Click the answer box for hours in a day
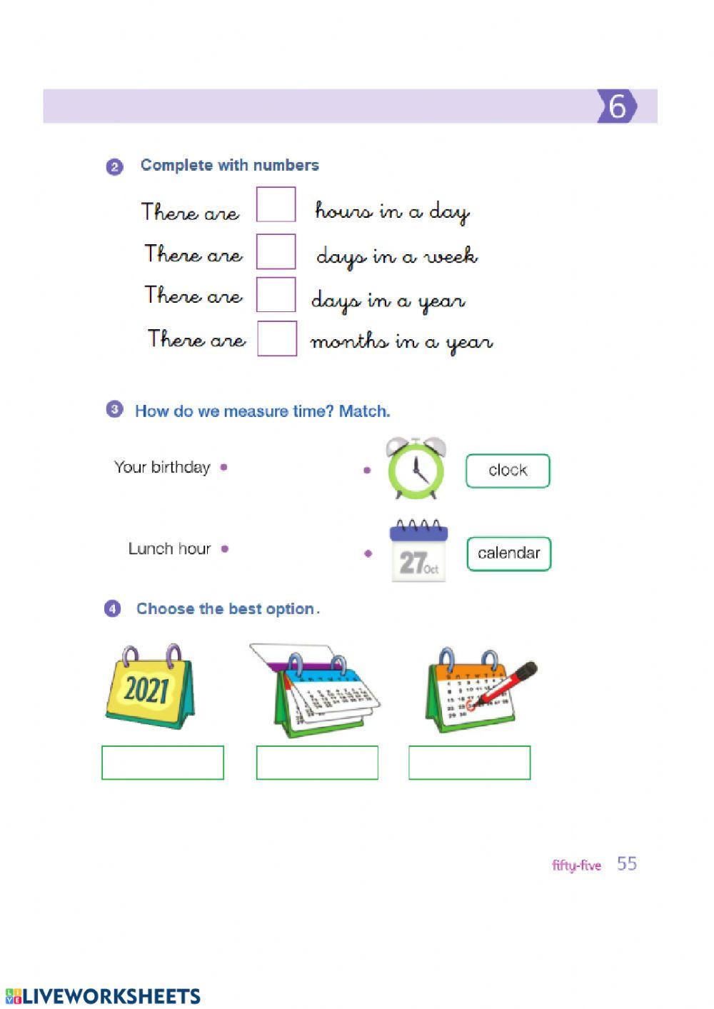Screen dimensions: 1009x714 pos(276,205)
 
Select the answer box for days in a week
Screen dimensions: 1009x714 pos(276,251)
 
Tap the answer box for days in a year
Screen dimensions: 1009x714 pos(276,294)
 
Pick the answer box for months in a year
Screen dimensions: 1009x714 pos(276,338)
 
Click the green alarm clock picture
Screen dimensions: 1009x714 pos(416,469)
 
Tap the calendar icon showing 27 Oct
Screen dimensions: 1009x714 pos(418,552)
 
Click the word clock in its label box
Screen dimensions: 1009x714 pos(508,471)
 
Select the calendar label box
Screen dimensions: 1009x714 pos(508,553)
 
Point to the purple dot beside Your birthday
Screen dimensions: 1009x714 pos(224,468)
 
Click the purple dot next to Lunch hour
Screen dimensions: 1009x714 pos(225,549)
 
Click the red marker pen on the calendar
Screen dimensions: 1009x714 pos(508,683)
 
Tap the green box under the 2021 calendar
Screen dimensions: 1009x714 pos(163,763)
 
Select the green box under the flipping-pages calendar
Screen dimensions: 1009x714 pos(317,763)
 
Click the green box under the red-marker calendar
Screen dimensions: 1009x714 pos(469,763)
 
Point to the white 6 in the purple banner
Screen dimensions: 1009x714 pos(617,106)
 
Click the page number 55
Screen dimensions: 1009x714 pos(627,864)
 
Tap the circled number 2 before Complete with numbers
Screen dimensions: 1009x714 pos(115,167)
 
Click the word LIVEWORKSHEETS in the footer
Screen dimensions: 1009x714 pos(111,996)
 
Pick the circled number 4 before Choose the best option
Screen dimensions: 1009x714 pos(113,609)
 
